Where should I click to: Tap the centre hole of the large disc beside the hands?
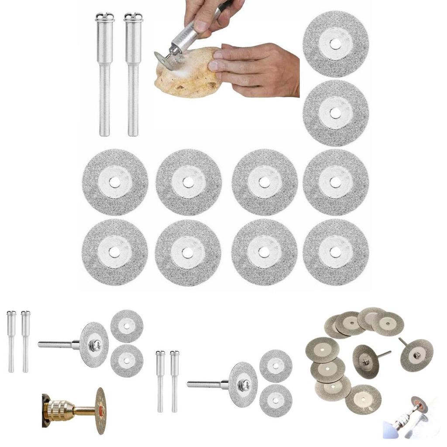pyautogui.click(x=335, y=44)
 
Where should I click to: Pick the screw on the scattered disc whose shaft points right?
pyautogui.click(x=365, y=361)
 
